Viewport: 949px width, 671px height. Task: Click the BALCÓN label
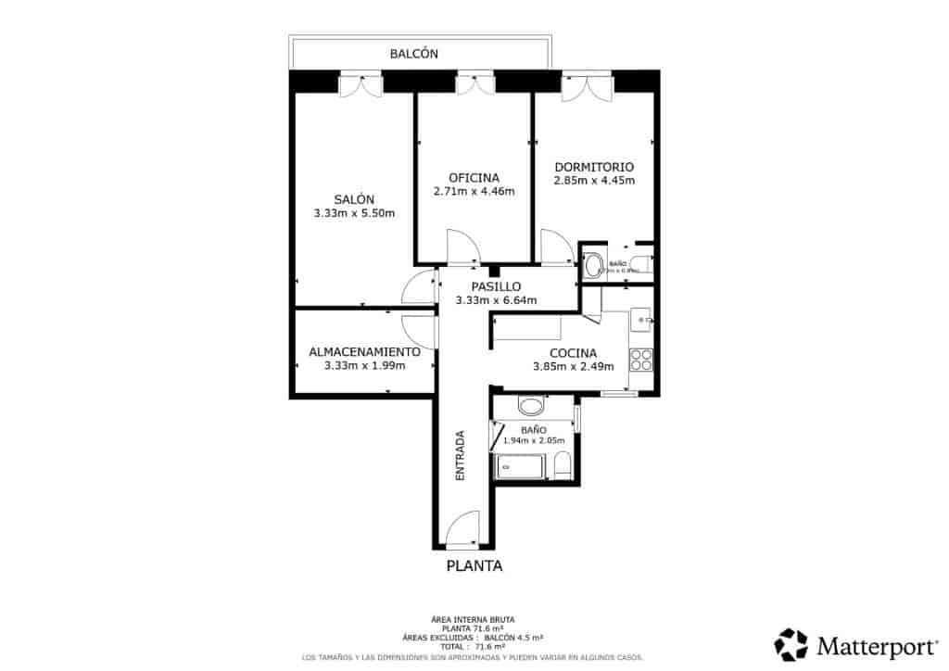point(413,55)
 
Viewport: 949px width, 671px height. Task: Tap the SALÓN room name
point(354,199)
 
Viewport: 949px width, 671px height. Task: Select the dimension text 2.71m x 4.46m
point(474,192)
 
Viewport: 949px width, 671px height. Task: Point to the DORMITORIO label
point(594,166)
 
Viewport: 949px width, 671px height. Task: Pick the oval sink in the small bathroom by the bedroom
point(593,266)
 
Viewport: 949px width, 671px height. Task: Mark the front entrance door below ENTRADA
point(461,531)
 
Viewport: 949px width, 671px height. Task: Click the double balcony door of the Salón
point(360,85)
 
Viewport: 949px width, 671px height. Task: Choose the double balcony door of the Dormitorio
point(587,86)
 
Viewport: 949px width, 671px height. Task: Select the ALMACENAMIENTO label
point(364,352)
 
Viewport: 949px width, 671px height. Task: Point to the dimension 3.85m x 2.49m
point(573,366)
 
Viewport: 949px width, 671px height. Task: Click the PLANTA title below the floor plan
point(474,566)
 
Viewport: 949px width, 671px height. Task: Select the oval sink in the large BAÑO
point(531,406)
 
